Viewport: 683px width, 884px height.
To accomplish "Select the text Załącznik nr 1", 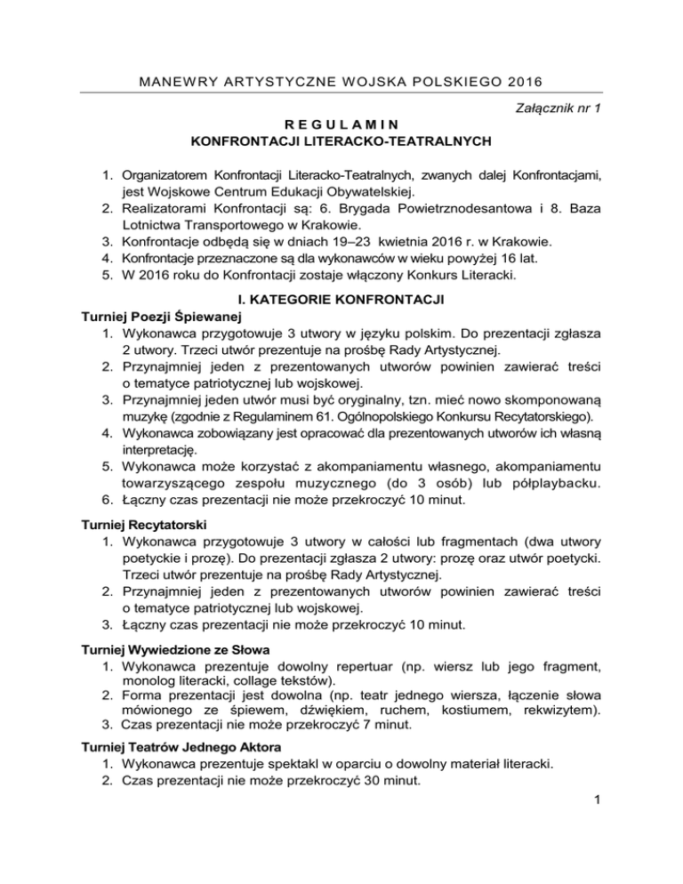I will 555,108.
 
